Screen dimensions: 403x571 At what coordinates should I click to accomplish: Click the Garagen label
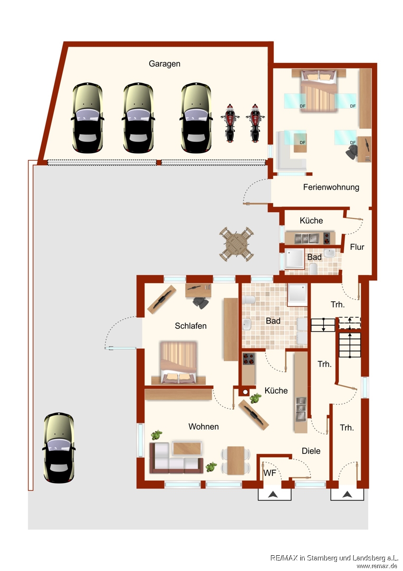(164, 64)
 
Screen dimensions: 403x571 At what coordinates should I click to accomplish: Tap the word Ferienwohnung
(331, 187)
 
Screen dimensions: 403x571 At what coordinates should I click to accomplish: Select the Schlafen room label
(191, 326)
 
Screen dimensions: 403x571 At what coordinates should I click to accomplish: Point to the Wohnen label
(203, 426)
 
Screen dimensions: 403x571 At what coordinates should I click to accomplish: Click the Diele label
(311, 451)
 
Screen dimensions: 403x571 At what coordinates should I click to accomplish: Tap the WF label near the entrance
(269, 473)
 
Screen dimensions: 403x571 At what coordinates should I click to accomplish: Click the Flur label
(357, 247)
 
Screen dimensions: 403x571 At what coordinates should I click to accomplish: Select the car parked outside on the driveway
(59, 448)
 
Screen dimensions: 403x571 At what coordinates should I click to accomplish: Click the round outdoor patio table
(237, 244)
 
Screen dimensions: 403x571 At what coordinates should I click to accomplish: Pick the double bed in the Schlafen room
(179, 363)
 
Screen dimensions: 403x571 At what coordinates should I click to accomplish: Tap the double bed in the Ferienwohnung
(318, 90)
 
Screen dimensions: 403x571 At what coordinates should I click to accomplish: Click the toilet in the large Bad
(249, 300)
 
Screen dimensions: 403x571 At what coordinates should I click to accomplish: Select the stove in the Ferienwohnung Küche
(326, 238)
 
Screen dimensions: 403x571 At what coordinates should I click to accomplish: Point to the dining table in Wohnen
(236, 461)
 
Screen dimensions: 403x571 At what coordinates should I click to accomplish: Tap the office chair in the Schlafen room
(201, 303)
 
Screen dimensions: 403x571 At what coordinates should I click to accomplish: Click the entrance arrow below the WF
(273, 495)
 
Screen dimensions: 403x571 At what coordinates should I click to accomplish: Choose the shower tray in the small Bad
(295, 259)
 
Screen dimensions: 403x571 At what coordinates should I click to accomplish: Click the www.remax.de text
(377, 566)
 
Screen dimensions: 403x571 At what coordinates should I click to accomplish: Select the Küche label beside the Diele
(276, 391)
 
